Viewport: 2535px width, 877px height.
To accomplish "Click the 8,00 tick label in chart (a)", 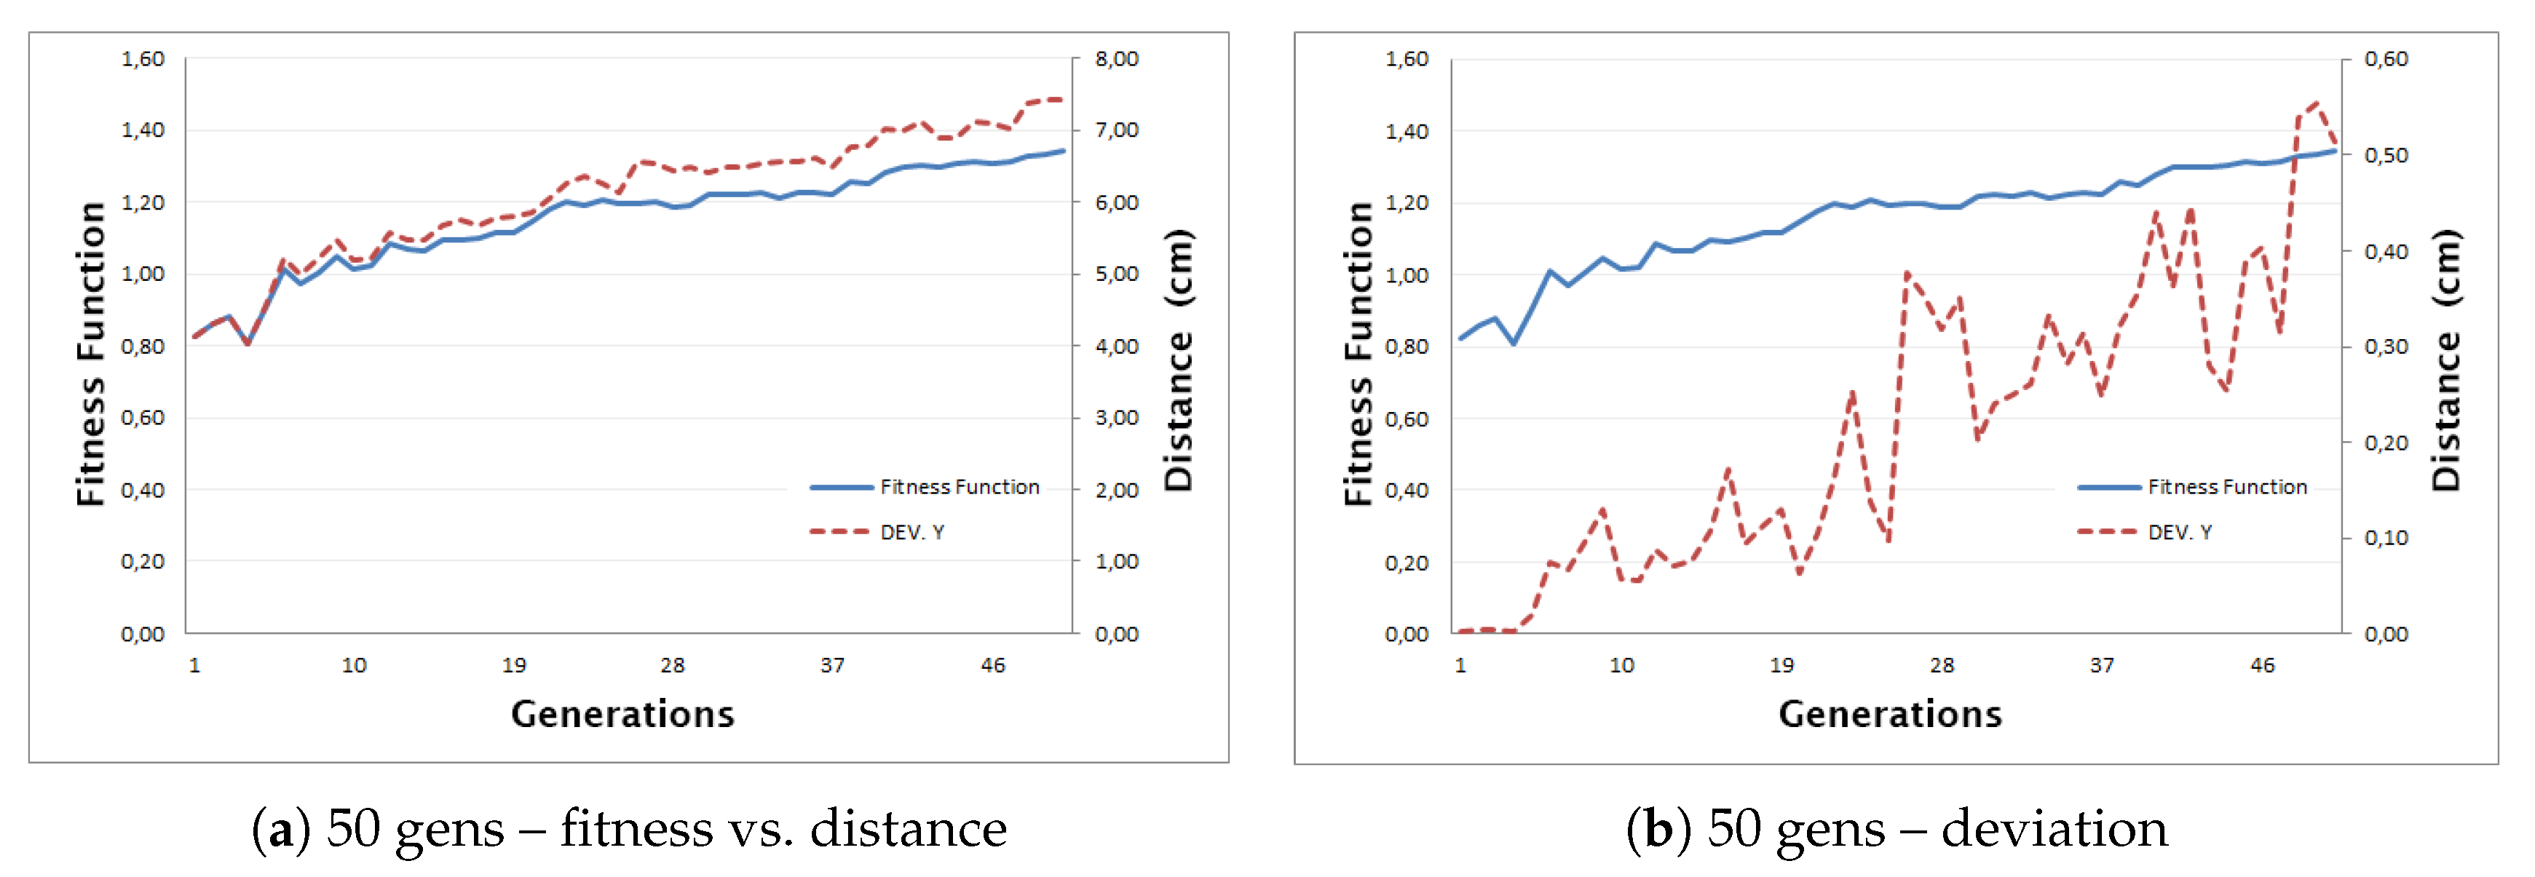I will pyautogui.click(x=1116, y=59).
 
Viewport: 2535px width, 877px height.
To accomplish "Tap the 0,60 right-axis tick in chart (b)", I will pyautogui.click(x=2386, y=59).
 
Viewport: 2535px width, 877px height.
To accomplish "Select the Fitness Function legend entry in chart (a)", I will pyautogui.click(x=959, y=487).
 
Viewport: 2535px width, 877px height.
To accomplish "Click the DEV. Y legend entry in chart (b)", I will pyautogui.click(x=2179, y=533).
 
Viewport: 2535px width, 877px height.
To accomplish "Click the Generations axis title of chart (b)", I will pyautogui.click(x=1889, y=713).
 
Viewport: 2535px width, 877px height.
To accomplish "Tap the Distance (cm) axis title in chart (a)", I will pyautogui.click(x=1178, y=360).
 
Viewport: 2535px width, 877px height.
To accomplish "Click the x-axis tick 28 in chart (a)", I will pyautogui.click(x=672, y=665).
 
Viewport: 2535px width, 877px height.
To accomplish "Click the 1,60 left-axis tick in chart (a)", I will pyautogui.click(x=143, y=59).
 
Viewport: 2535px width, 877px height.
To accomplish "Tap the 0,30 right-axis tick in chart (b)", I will pyautogui.click(x=2386, y=346).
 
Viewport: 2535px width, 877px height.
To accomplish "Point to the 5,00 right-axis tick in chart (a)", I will pyautogui.click(x=1116, y=274).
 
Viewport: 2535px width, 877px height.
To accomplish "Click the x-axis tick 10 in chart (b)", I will pyautogui.click(x=1621, y=665).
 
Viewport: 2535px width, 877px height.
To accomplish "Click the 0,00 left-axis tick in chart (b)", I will pyautogui.click(x=1407, y=634).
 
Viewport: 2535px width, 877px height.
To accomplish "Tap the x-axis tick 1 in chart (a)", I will pyautogui.click(x=195, y=665).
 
